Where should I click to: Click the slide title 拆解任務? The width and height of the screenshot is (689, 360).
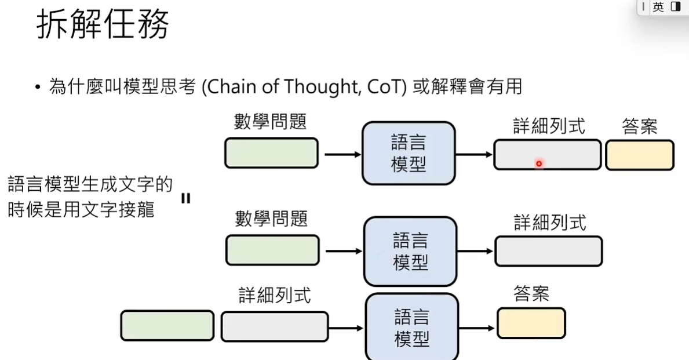[103, 26]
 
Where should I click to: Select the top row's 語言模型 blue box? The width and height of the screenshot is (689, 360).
[409, 154]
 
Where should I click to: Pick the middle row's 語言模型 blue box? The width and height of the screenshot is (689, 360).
[410, 251]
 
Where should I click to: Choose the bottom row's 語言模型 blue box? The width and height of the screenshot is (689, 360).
[411, 328]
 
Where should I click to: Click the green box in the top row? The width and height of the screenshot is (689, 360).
[271, 153]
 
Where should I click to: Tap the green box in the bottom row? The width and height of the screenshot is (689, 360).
[167, 325]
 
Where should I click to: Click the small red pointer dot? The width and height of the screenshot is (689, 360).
[538, 164]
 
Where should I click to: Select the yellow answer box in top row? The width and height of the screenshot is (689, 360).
[640, 155]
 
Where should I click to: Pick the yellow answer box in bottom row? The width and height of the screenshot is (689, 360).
[531, 323]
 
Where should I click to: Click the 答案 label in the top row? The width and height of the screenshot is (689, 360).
[640, 126]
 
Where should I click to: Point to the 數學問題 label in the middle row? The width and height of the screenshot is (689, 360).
[271, 219]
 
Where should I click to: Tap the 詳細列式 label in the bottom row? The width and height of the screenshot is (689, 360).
[275, 295]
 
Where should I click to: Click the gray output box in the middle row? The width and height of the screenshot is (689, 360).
[548, 251]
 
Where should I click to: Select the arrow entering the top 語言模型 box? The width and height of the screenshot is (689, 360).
[342, 155]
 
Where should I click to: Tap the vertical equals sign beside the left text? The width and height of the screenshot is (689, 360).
[185, 198]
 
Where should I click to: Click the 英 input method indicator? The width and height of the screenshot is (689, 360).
[658, 7]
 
